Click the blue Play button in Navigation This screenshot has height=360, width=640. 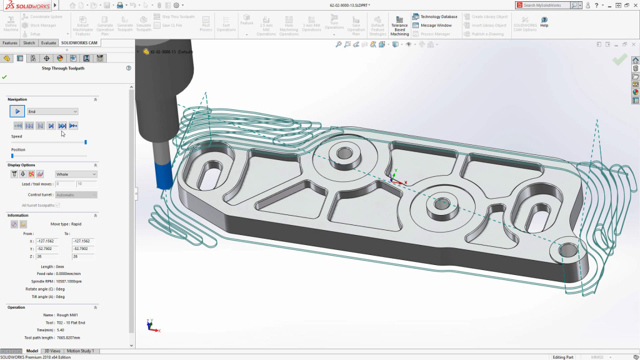click(17, 111)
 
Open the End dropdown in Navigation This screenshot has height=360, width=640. click(52, 111)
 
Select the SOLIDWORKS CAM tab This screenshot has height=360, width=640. click(79, 43)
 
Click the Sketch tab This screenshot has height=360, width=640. click(29, 43)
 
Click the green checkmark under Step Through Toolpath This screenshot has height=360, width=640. click(4, 77)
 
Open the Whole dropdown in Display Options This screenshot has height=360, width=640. click(76, 174)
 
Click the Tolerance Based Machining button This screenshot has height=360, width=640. click(399, 26)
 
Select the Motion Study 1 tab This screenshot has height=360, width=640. click(81, 351)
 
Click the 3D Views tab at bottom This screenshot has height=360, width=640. click(52, 351)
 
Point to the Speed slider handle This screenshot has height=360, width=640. click(86, 142)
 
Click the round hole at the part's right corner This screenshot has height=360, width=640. click(569, 251)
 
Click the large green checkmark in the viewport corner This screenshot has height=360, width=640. click(619, 59)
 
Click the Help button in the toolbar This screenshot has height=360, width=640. click(544, 22)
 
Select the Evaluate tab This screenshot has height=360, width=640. click(49, 43)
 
